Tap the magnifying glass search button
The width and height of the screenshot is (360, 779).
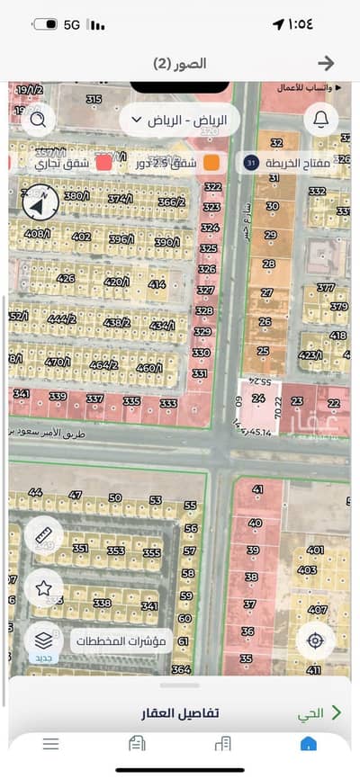coord(39,119)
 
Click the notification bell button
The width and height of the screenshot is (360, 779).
coord(321,119)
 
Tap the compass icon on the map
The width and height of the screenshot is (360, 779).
coord(39,201)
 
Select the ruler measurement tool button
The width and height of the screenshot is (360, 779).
coord(43,536)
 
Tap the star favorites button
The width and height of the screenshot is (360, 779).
coord(43,588)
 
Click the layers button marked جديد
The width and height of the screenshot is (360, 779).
coord(43,641)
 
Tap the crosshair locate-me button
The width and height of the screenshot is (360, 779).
coord(315,640)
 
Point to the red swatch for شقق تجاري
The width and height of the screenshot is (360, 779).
coord(103,163)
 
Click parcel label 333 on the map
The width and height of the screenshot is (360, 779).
coord(168,404)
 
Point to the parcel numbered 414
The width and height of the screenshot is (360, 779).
coord(157,285)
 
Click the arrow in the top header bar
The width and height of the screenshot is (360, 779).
coord(327,63)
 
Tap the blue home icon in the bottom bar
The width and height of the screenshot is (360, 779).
coord(308,743)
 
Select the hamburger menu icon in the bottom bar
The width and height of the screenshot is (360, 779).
coord(51,743)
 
